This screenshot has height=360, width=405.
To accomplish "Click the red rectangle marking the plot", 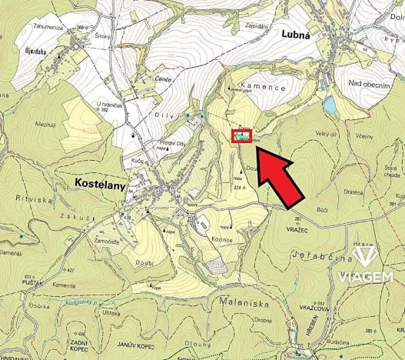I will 242,137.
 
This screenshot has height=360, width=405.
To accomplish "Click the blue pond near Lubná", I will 330,105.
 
